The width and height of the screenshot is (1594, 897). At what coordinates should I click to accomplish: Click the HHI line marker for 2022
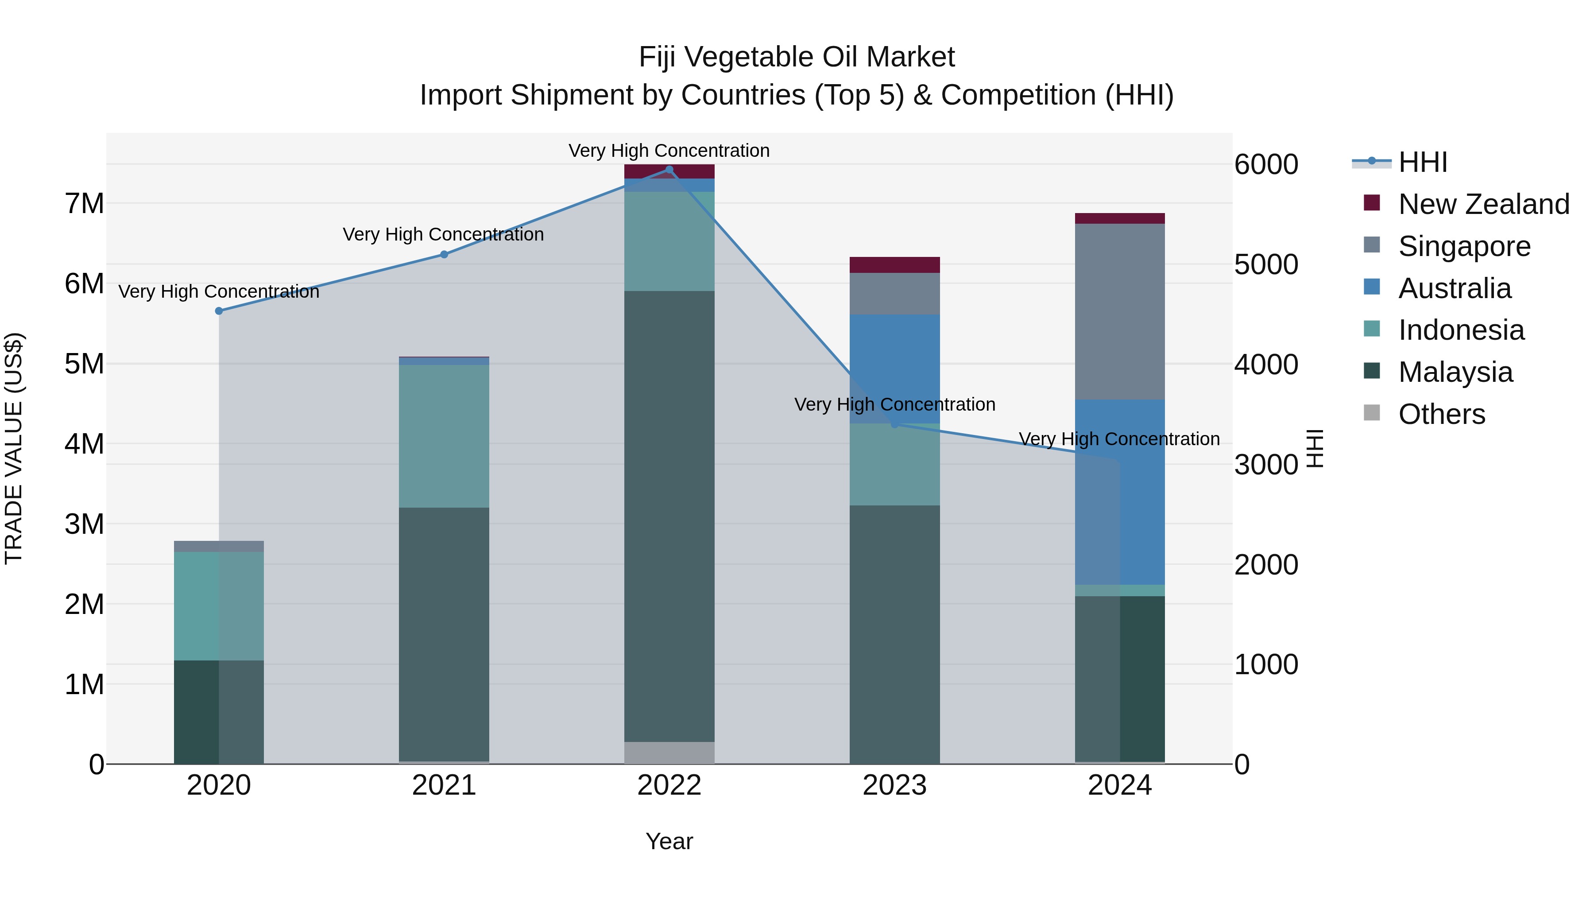click(669, 170)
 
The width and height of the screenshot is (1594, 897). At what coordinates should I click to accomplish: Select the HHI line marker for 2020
click(219, 311)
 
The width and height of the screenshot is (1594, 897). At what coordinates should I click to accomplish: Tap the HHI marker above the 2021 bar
click(444, 254)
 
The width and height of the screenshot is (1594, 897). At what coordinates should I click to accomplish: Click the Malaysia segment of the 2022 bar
click(669, 514)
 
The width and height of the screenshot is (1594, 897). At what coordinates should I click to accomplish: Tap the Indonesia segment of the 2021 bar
click(444, 436)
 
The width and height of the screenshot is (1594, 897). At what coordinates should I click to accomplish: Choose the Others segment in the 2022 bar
click(669, 752)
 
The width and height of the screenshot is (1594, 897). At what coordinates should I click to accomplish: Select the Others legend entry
click(1441, 414)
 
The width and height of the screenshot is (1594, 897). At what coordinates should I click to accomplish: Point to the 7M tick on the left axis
click(85, 204)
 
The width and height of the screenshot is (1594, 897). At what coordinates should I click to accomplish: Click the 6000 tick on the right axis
click(1265, 165)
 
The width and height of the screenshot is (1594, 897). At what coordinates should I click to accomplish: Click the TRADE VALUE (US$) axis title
click(14, 448)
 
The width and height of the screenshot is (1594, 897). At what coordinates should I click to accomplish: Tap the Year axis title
click(669, 841)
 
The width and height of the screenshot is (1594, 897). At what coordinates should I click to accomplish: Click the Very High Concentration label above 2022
click(669, 151)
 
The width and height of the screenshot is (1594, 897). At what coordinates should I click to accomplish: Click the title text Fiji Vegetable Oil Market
click(797, 57)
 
